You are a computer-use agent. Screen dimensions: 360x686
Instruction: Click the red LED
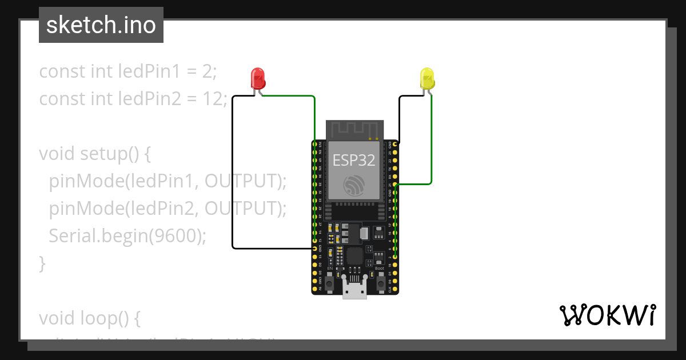click(258, 78)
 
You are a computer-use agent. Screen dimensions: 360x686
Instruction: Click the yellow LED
click(427, 78)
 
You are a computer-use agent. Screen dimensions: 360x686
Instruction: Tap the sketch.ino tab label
click(101, 25)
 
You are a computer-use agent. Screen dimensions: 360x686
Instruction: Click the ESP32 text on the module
click(354, 161)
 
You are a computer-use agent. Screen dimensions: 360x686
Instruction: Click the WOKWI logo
click(607, 315)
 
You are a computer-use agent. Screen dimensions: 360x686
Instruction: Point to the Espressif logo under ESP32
click(354, 185)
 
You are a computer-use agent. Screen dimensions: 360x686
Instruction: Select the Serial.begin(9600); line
click(127, 235)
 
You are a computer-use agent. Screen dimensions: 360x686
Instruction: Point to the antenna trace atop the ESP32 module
click(354, 130)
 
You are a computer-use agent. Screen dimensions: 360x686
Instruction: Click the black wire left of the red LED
click(233, 171)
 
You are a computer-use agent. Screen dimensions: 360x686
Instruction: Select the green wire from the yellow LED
click(431, 143)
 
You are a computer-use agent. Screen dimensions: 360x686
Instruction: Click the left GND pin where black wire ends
click(314, 249)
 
